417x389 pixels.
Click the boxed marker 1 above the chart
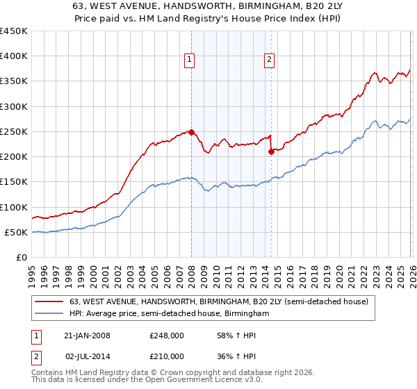[188, 60]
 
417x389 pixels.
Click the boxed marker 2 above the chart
[268, 60]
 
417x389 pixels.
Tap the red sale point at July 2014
[271, 151]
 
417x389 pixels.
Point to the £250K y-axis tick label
[14, 132]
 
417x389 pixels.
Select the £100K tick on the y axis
[14, 208]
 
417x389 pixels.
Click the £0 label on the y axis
[20, 258]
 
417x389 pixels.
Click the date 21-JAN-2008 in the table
[87, 336]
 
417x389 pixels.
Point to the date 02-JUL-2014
[87, 357]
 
